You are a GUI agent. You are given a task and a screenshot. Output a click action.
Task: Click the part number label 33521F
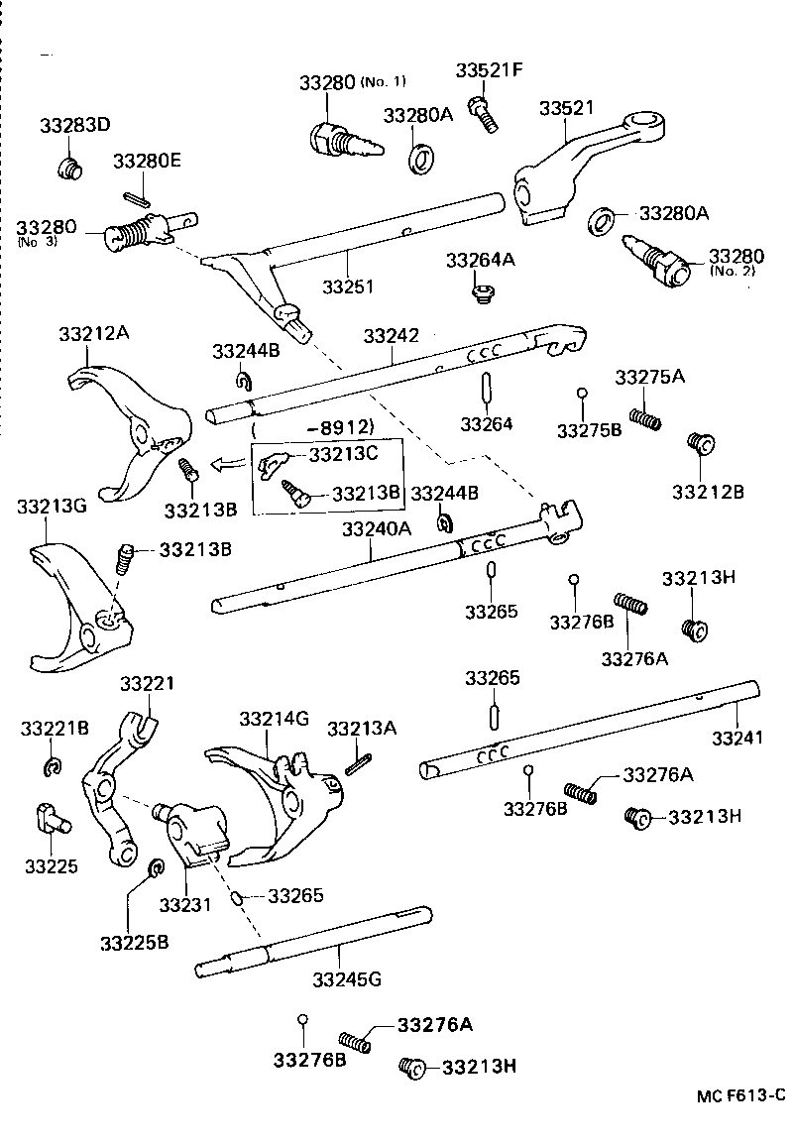[489, 70]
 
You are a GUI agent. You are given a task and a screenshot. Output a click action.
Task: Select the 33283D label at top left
[75, 126]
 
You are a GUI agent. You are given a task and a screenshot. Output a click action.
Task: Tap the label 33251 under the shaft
[348, 286]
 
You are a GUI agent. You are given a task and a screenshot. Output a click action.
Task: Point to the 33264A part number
[481, 260]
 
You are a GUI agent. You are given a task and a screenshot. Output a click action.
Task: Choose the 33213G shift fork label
[52, 507]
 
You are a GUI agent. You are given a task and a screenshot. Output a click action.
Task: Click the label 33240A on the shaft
[376, 529]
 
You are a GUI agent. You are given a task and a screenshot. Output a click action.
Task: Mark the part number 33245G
[346, 980]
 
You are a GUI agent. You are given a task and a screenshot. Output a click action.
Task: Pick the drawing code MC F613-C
[739, 1095]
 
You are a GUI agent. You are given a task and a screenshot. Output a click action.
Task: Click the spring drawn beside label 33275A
[646, 418]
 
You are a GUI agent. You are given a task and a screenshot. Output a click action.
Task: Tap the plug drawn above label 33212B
[700, 443]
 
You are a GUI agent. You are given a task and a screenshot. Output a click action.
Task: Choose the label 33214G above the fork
[275, 718]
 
